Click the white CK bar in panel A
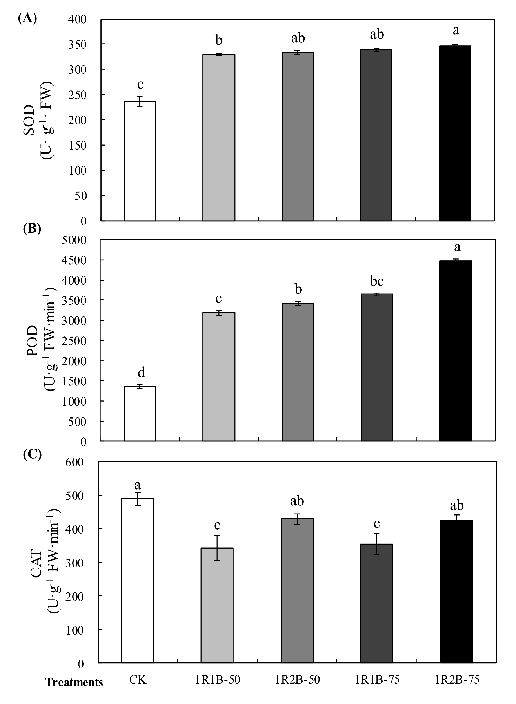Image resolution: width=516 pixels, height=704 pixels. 140,161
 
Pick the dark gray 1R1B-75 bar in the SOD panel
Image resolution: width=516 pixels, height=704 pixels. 376,135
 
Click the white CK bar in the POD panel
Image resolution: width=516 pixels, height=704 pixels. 140,414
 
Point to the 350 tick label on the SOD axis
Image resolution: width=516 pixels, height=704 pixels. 77,44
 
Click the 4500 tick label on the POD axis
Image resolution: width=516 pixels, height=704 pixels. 74,260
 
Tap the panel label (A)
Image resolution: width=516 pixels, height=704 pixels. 27,18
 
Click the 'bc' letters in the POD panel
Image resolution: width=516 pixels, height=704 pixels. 377,281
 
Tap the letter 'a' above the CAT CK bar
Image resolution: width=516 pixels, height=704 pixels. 137,485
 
